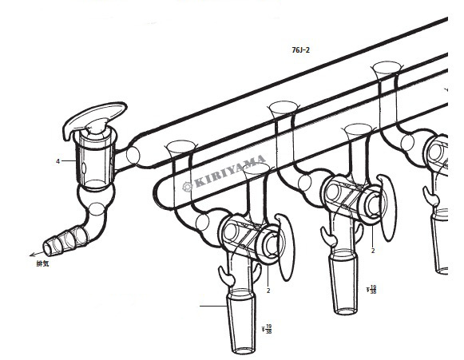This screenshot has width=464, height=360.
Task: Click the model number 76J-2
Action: tap(300, 50)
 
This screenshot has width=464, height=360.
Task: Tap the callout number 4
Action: tap(58, 161)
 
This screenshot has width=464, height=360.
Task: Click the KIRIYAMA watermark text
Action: tap(230, 172)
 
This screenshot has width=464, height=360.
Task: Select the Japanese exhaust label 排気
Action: tap(42, 263)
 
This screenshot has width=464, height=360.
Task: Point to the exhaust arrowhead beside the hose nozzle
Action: tap(33, 255)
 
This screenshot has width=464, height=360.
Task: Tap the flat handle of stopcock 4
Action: tap(95, 118)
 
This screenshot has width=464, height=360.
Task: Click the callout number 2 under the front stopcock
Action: tap(268, 291)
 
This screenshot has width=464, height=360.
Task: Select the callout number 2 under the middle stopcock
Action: tap(373, 251)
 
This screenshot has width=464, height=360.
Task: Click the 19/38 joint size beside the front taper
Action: tap(267, 329)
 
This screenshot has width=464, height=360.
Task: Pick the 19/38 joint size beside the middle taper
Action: tap(371, 289)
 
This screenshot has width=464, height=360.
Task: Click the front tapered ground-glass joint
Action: tap(241, 322)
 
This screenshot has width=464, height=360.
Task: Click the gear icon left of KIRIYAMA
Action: tap(187, 187)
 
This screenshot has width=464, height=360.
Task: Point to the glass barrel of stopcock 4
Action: tap(95, 161)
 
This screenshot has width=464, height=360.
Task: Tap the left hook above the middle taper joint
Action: tap(329, 235)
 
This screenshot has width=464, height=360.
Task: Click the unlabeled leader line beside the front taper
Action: tap(213, 306)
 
